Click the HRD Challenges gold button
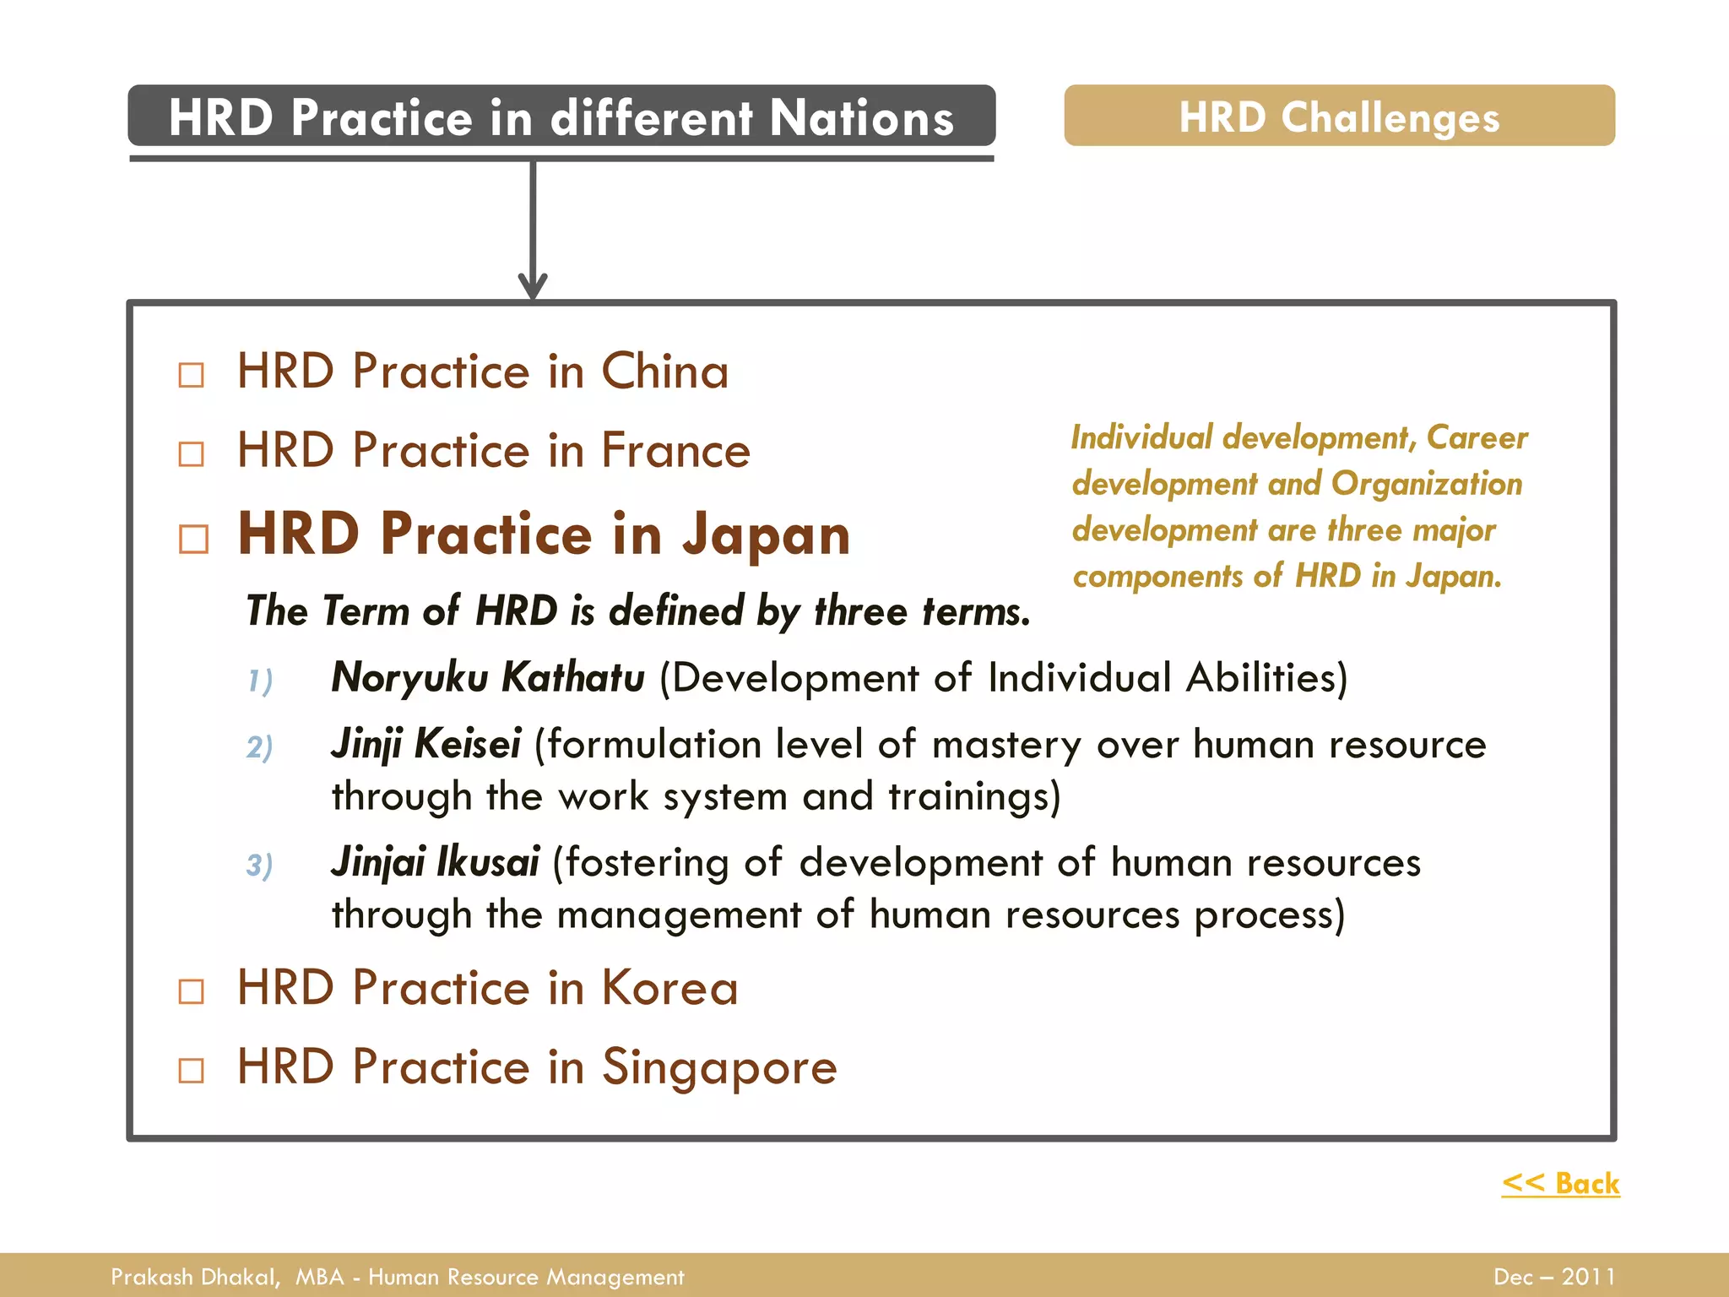pos(1339,117)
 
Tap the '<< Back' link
pos(1560,1183)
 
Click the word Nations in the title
pos(861,117)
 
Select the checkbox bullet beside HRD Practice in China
pos(192,374)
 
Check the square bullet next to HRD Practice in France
pos(192,453)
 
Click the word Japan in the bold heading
pos(766,535)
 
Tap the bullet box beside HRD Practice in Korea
pos(192,990)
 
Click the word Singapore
pos(719,1067)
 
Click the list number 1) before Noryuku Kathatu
pos(260,681)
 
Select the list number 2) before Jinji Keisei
pos(260,747)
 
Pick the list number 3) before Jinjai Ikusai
pos(260,866)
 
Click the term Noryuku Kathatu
pos(488,677)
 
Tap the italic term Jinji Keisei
pos(426,744)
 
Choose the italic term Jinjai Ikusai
pos(436,862)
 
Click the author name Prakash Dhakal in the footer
pos(194,1277)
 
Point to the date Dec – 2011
pos(1554,1277)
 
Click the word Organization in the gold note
pos(1427,484)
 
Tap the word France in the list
pos(675,450)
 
